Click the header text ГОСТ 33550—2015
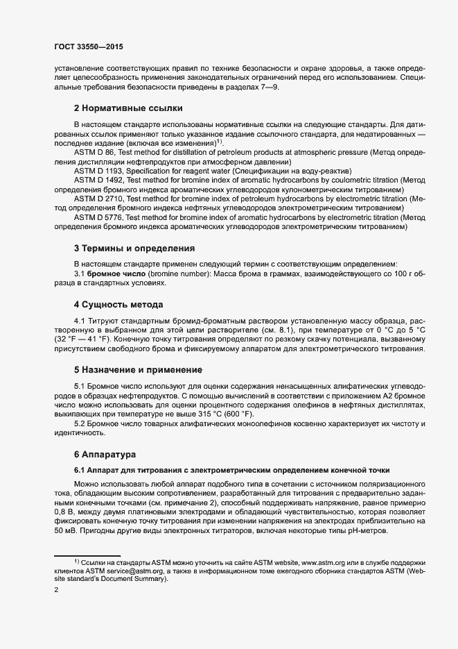(89, 47)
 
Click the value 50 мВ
(64, 530)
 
